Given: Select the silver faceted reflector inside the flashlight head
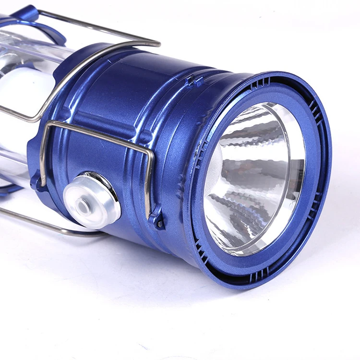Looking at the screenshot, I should (250, 178).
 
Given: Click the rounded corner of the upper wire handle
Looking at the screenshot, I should (155, 43).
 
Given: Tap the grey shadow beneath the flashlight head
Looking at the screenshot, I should (202, 288).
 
